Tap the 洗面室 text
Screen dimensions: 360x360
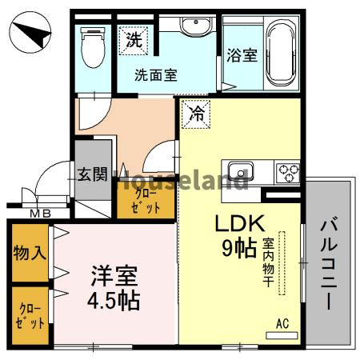155,76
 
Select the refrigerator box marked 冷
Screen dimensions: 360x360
194,114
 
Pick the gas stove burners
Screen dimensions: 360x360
287,170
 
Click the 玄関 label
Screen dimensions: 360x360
93,174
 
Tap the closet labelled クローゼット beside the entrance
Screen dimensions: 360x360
146,198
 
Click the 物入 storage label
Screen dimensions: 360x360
30,252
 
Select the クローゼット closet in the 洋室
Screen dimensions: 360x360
30,316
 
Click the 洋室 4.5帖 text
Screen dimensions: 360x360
114,288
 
